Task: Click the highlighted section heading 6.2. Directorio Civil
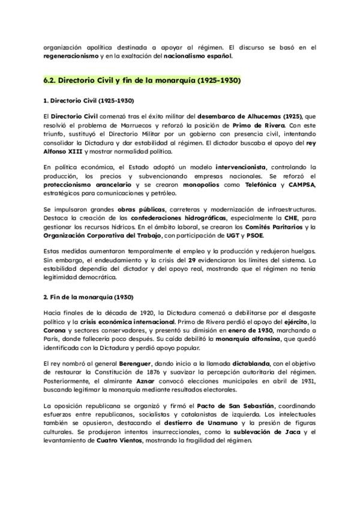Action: (x=142, y=80)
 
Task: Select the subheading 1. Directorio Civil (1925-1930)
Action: (x=88, y=101)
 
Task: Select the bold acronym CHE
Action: (x=290, y=218)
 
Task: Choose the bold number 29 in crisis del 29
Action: (x=192, y=260)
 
